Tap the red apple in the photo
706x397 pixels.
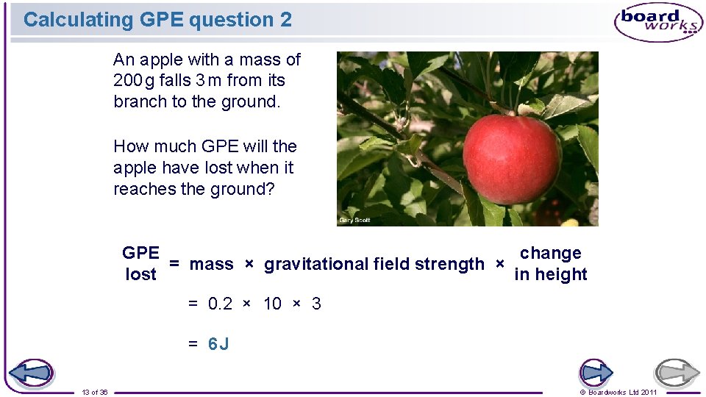point(513,158)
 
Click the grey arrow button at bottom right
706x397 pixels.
point(677,373)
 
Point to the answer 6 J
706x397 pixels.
point(218,344)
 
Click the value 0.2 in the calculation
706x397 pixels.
point(221,304)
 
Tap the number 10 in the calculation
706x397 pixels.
point(272,304)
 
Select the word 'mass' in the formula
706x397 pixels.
point(211,264)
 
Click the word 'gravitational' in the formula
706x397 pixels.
point(317,264)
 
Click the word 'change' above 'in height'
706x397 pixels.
point(551,253)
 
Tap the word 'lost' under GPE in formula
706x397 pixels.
point(140,274)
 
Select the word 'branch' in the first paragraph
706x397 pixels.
point(140,101)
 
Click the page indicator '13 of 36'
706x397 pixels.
point(95,392)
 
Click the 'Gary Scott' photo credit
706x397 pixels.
point(354,221)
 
